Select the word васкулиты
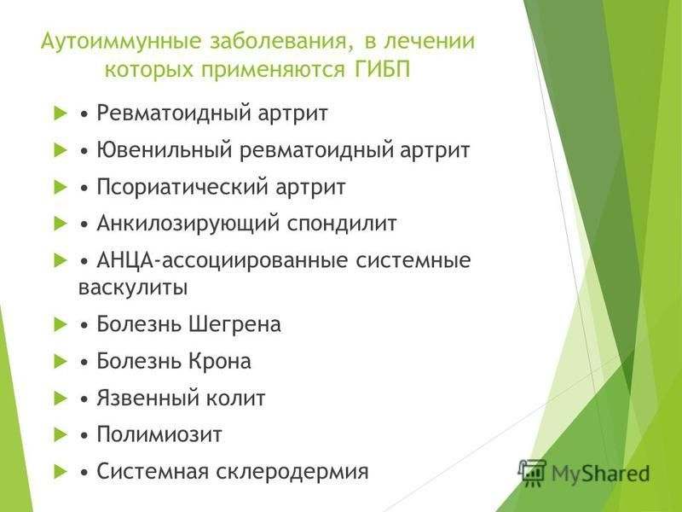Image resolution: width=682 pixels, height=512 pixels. point(133,288)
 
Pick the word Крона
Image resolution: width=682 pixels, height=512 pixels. point(223,362)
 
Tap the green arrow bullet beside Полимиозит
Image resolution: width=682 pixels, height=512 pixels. point(59,434)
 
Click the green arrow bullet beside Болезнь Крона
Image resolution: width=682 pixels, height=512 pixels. point(59,361)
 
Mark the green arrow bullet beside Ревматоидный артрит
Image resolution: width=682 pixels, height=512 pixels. point(59,113)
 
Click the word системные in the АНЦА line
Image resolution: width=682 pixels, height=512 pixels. point(418,261)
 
